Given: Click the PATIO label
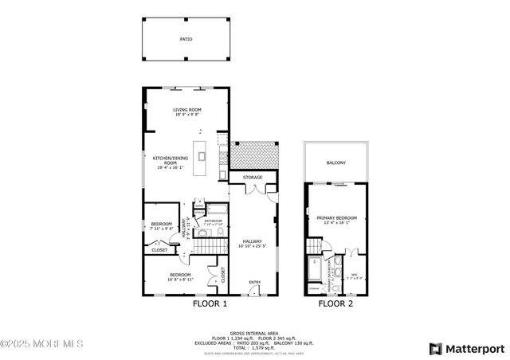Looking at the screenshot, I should click(185, 38).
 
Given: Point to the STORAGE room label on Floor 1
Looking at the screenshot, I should click(253, 177).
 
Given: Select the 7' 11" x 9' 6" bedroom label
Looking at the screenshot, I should click(162, 227).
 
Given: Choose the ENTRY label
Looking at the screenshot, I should click(254, 282).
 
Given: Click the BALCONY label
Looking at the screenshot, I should click(336, 162).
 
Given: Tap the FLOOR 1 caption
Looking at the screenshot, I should click(210, 303).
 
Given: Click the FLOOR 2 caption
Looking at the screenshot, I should click(335, 303).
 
